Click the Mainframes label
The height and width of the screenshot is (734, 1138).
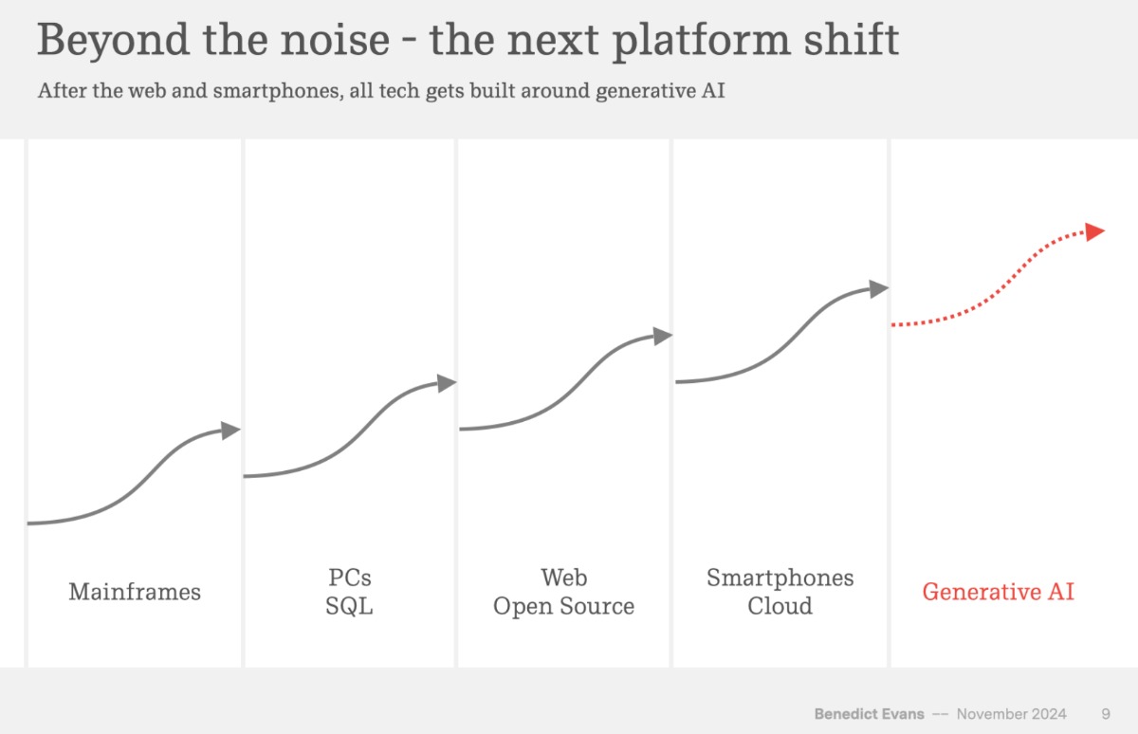coord(135,592)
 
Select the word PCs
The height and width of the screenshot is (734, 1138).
coord(350,578)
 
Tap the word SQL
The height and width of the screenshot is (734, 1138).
coord(350,606)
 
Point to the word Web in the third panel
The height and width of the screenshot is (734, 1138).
coord(563,578)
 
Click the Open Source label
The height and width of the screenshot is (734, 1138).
coord(563,606)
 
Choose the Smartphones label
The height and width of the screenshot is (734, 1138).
coord(780,578)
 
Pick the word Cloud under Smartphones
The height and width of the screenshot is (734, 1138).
coord(780,606)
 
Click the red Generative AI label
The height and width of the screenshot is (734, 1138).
coord(998,592)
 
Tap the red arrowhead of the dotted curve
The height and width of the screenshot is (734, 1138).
coord(1095,231)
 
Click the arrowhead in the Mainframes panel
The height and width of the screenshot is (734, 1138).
coord(231,430)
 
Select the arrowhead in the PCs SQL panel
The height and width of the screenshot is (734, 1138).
coord(447,382)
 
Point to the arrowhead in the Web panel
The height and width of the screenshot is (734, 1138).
coord(663,335)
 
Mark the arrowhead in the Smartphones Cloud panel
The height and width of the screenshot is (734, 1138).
coord(879,287)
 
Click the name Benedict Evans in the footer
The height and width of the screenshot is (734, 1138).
coord(868,714)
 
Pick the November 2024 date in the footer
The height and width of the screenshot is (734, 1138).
coord(1011,714)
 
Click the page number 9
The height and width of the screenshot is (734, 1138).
coord(1106,714)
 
